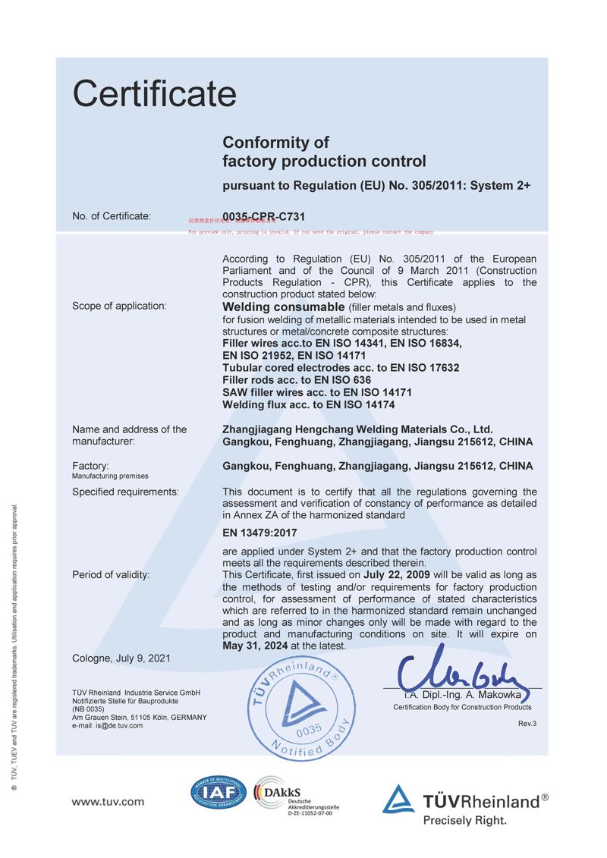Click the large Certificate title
155,94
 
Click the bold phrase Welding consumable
283,307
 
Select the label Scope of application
118,306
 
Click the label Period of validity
111,574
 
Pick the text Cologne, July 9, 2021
121,658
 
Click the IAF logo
219,794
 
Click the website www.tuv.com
108,801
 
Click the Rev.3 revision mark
527,723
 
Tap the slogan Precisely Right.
464,820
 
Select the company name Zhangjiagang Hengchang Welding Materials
357,429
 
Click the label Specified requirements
125,492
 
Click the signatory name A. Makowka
495,694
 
